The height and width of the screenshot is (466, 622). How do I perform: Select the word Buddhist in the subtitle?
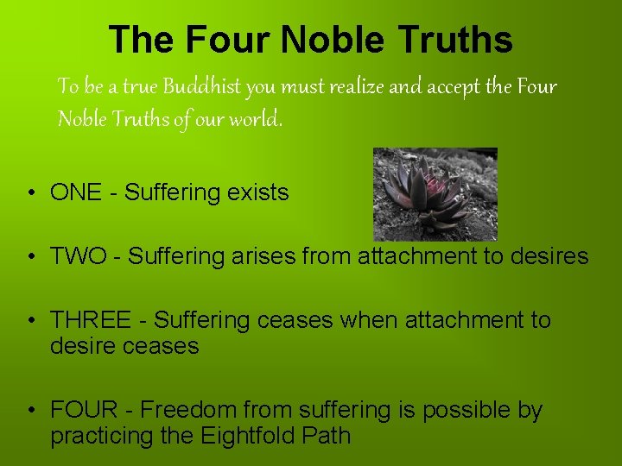pos(202,87)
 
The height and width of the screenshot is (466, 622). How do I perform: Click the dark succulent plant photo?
pos(435,194)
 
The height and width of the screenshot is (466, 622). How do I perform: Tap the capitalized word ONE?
pos(76,192)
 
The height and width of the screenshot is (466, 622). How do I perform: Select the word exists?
pos(258,192)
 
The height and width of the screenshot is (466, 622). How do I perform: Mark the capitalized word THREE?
pos(88,320)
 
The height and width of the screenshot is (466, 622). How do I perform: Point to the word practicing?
pos(102,437)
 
